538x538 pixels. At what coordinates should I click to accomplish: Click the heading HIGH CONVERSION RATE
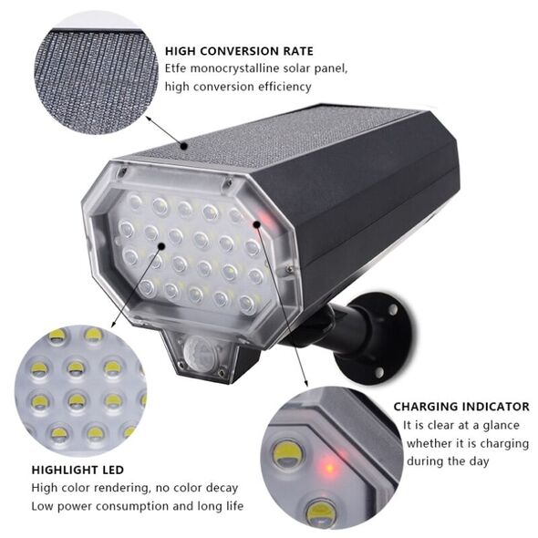tap(239, 51)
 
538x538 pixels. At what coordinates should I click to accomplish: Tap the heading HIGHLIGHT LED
tap(78, 470)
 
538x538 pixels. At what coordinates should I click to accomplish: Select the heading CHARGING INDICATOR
tap(461, 407)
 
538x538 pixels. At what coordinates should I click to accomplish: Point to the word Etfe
tap(176, 68)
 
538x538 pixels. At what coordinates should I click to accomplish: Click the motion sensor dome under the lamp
tap(200, 351)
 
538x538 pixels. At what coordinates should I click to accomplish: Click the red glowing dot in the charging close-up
tap(328, 467)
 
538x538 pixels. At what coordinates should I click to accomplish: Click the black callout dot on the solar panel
tap(184, 147)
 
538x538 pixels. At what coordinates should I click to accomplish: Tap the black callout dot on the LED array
tap(160, 245)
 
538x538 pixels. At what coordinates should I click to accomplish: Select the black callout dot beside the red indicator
tap(256, 224)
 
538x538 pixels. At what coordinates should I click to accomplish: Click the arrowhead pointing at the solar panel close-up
tap(149, 119)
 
